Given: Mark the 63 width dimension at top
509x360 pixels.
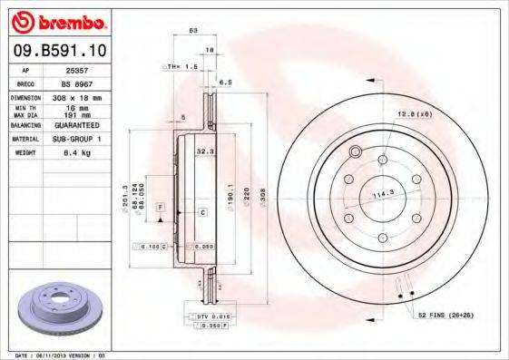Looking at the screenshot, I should point(192,31).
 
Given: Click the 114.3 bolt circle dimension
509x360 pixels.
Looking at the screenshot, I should point(380,192).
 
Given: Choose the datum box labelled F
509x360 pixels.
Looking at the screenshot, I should point(159,208).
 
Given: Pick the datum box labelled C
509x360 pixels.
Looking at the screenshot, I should point(202,212).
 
